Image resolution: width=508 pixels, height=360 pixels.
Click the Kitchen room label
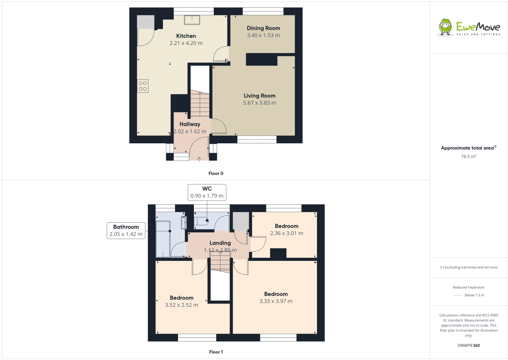[x=186, y=36]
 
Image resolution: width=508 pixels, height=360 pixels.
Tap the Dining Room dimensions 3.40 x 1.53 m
[x=263, y=35]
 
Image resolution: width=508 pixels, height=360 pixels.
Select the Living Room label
[x=259, y=96]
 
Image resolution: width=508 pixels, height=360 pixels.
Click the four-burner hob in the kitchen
[x=143, y=86]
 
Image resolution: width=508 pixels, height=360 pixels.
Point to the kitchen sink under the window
[x=192, y=20]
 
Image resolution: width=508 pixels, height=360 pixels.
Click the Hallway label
[x=190, y=124]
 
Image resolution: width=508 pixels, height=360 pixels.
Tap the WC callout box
[x=207, y=192]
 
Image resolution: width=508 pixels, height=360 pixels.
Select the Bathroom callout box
[x=126, y=230]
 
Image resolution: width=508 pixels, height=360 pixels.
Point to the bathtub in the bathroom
[x=163, y=239]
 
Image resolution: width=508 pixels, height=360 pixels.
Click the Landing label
[x=220, y=243]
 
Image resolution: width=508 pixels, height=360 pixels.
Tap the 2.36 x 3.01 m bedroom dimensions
[x=287, y=233]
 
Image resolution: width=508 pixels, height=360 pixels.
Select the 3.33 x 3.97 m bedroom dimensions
[x=276, y=301]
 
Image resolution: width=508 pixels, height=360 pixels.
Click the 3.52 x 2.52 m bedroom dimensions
[x=181, y=305]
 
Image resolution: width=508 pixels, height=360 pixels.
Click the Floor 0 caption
[x=216, y=173]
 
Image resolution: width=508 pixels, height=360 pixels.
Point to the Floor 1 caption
[x=216, y=352]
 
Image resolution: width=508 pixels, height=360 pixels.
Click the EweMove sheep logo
[x=445, y=27]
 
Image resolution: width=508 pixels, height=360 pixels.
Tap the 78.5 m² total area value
[x=469, y=156]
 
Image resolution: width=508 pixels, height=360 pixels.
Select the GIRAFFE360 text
[x=469, y=345]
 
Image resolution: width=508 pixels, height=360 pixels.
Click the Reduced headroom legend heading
[x=469, y=287]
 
